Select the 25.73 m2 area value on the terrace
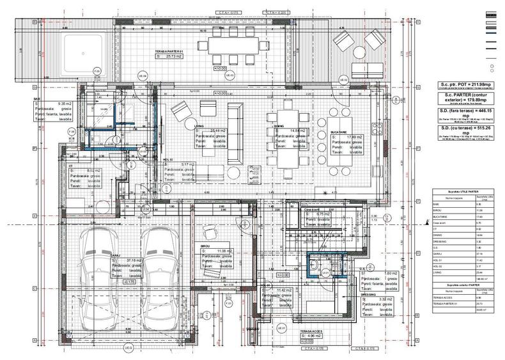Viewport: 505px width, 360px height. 167,57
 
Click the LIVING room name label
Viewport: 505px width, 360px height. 199,127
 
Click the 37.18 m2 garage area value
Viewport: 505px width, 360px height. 134,261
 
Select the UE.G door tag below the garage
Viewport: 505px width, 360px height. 127,347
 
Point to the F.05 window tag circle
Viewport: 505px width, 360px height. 98,71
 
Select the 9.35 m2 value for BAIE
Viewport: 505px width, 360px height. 49,103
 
